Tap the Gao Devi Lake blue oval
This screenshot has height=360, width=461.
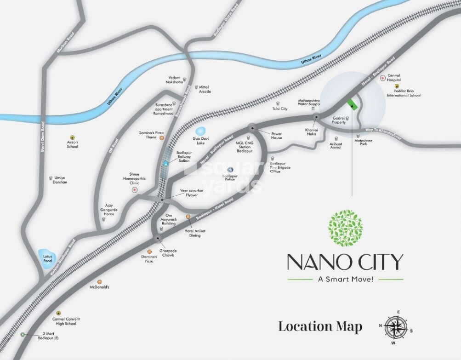point(201,133)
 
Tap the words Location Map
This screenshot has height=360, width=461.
point(320,327)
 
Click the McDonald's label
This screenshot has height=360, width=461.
point(99,287)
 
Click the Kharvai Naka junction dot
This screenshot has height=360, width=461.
point(316,117)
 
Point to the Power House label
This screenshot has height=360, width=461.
point(276,135)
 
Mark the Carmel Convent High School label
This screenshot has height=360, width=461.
point(65,321)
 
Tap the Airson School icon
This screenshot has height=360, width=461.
point(72,137)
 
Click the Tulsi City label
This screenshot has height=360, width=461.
point(280,109)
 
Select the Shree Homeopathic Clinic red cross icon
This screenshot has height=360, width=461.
point(135,189)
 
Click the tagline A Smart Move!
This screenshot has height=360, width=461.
point(345,279)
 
